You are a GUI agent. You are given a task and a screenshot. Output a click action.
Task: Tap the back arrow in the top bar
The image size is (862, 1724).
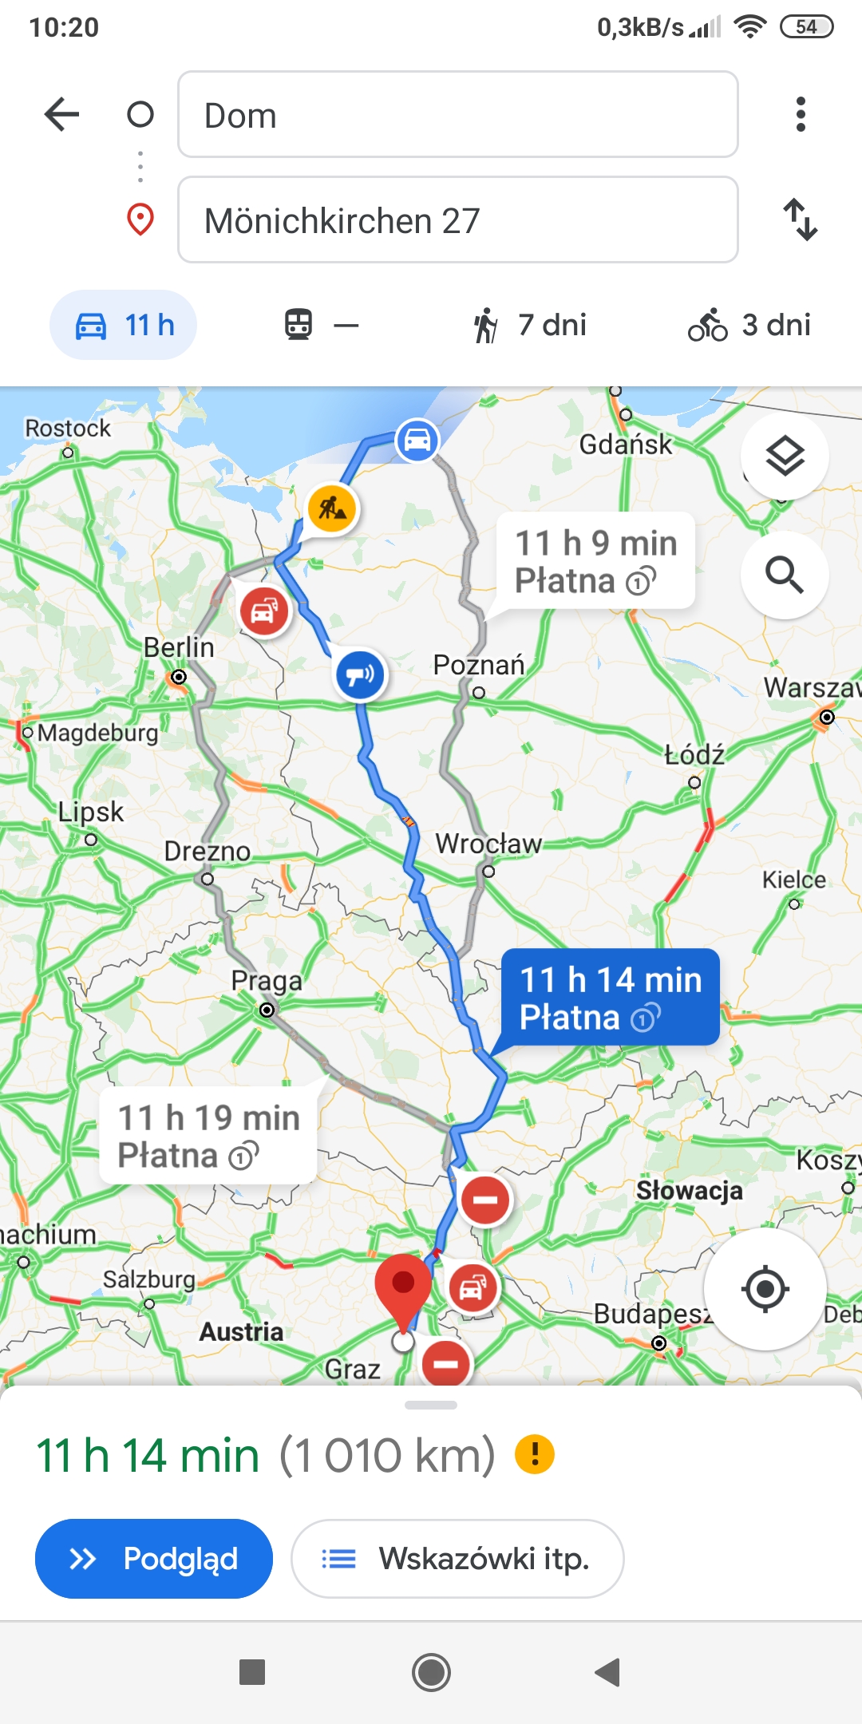tap(61, 114)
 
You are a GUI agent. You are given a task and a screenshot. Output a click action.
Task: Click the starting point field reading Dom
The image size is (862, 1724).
tap(457, 114)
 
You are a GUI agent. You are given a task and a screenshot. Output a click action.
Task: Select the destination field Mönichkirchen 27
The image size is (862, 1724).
tap(457, 219)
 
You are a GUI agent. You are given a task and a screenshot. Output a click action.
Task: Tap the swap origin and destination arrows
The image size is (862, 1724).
tap(801, 219)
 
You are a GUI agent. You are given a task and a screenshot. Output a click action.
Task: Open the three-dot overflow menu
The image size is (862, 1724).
tap(801, 114)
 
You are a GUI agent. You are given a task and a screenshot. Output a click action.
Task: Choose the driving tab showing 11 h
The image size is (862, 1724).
tap(124, 325)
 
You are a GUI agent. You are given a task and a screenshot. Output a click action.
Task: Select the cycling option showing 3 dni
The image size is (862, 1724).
tap(749, 325)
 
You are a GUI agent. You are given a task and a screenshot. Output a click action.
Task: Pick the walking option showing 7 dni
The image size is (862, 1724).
tap(530, 325)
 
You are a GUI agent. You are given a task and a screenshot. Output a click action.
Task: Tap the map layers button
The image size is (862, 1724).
tap(785, 457)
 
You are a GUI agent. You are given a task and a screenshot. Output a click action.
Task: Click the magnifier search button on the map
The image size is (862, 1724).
tap(785, 575)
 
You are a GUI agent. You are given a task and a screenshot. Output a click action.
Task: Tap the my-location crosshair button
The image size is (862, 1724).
tap(765, 1289)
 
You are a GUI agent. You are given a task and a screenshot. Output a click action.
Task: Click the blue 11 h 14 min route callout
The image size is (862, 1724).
tap(611, 998)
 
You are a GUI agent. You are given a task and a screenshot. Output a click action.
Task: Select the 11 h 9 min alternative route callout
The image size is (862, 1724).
tap(596, 561)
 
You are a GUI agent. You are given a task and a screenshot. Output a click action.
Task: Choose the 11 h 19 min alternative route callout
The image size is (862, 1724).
tap(208, 1135)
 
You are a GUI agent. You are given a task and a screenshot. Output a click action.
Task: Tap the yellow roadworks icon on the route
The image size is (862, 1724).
tap(332, 508)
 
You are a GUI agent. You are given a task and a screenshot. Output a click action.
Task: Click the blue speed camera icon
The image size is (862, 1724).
tap(360, 675)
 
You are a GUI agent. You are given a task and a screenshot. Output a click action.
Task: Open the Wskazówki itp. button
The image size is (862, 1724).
tap(457, 1559)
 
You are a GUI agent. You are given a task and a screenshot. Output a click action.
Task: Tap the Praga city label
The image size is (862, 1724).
tap(267, 981)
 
